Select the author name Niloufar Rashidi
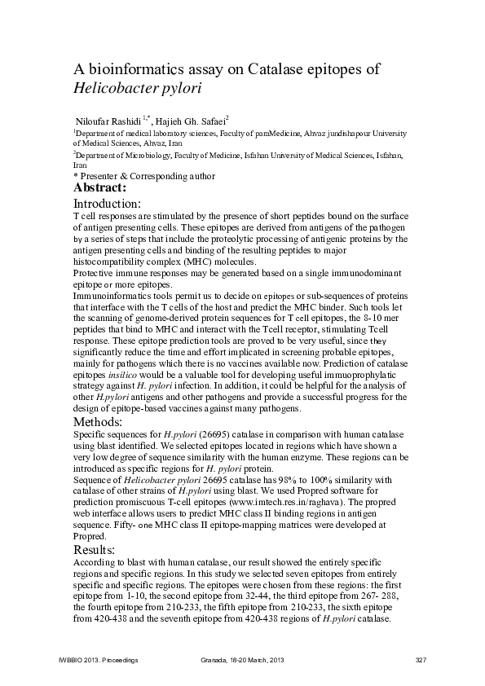coord(109,120)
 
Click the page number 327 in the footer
coord(421,659)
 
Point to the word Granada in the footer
coord(215,659)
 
